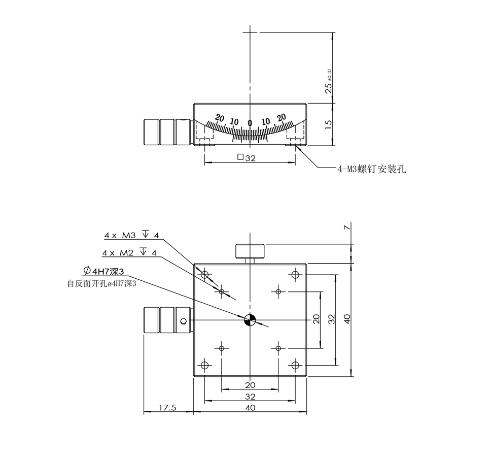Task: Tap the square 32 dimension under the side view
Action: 247,158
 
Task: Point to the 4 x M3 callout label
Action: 131,236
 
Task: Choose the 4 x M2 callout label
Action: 129,252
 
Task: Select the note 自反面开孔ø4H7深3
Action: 102,284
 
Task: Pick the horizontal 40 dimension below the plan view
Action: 250,407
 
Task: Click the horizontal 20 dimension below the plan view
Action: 250,385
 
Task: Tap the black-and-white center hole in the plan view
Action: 250,320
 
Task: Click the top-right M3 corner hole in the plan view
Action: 295,275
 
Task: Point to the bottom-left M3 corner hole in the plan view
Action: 205,365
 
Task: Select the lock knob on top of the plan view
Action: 250,251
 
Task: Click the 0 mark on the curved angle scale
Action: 250,122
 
